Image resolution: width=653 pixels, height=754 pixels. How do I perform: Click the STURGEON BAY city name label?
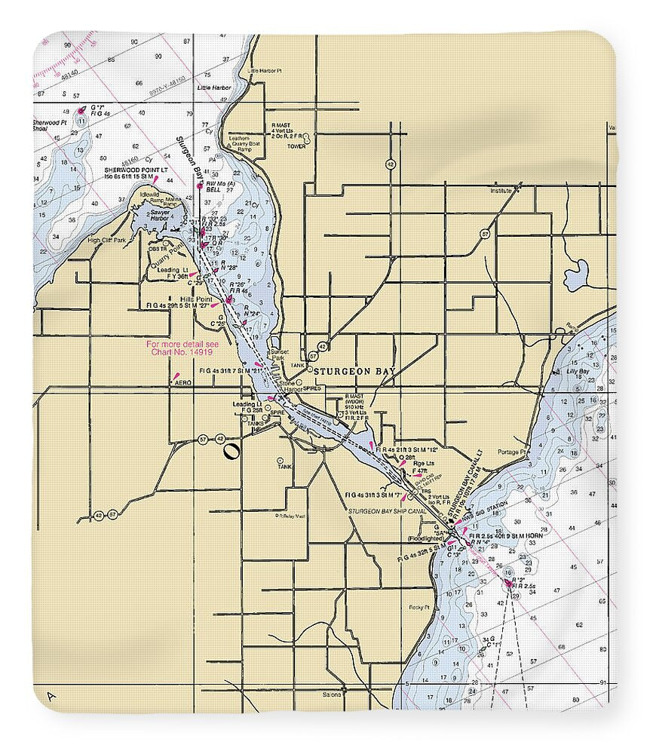pyautogui.click(x=354, y=371)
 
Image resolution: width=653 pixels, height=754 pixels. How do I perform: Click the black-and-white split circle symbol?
pyautogui.click(x=231, y=452)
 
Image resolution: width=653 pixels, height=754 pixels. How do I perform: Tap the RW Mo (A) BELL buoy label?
pyautogui.click(x=219, y=187)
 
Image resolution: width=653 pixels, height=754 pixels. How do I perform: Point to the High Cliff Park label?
pyautogui.click(x=106, y=241)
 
